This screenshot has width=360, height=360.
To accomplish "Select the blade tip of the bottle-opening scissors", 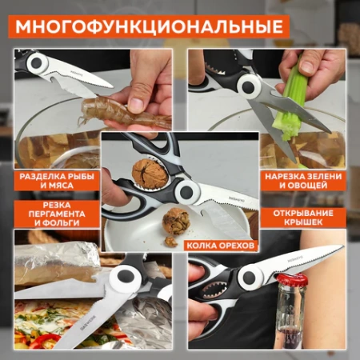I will pos(341,249).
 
